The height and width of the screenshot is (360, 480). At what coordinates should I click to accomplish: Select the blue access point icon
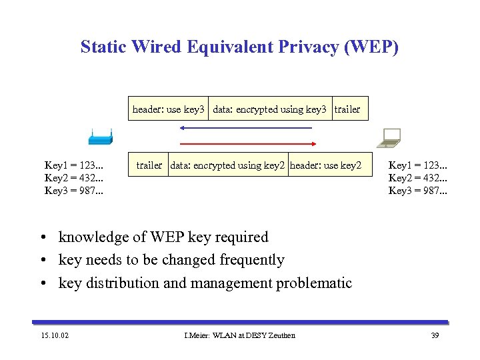click(100, 139)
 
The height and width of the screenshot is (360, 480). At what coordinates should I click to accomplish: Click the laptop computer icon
click(388, 137)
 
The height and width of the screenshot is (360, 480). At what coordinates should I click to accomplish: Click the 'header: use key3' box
click(169, 109)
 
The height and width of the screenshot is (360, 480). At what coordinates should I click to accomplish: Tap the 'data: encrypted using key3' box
click(269, 109)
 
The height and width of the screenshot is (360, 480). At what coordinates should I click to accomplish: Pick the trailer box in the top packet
click(347, 109)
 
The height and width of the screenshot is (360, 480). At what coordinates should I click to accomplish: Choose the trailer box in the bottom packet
click(149, 165)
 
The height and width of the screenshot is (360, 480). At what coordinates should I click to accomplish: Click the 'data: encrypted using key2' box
click(227, 165)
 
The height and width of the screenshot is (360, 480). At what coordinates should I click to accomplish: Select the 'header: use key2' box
click(326, 165)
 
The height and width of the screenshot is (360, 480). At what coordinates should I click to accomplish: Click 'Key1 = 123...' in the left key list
click(74, 165)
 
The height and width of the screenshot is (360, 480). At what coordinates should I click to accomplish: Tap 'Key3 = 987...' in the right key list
click(418, 191)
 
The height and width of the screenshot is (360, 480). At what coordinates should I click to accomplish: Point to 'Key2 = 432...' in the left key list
click(74, 178)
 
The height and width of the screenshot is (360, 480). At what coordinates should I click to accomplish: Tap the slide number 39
click(435, 335)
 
